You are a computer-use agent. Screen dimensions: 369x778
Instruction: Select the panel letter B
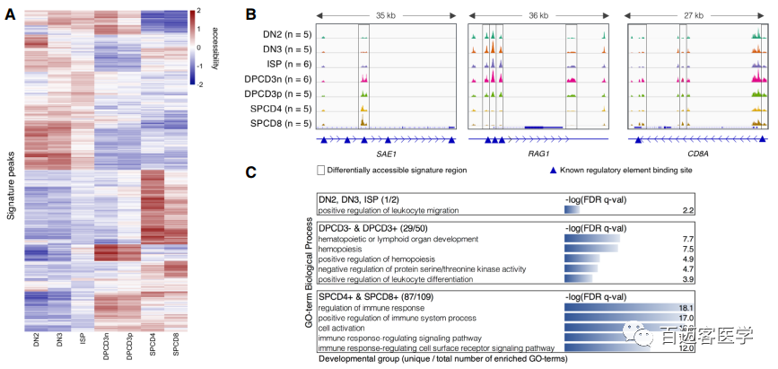(x=251, y=14)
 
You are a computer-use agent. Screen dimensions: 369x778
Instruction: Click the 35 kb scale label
(x=386, y=15)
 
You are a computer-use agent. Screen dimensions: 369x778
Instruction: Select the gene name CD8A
(x=696, y=154)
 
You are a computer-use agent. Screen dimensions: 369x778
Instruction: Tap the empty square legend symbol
(x=321, y=170)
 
